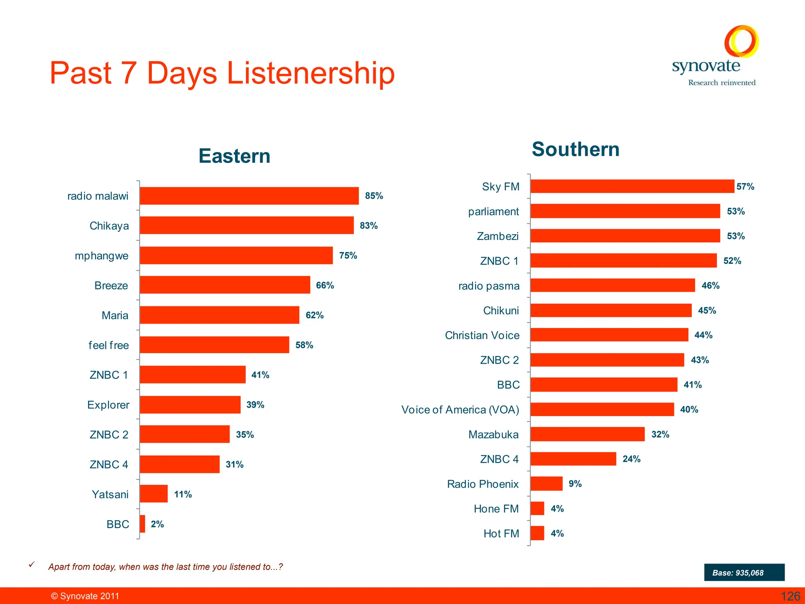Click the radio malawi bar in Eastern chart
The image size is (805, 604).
pyautogui.click(x=249, y=196)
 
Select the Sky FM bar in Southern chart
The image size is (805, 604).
pyautogui.click(x=632, y=186)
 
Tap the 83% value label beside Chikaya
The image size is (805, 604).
pyautogui.click(x=368, y=226)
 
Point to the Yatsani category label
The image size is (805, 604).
pyautogui.click(x=110, y=494)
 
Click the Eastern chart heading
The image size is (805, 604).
pyautogui.click(x=234, y=156)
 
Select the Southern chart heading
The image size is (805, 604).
pyautogui.click(x=575, y=149)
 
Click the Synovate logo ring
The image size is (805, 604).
pyautogui.click(x=741, y=41)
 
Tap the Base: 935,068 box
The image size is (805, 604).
pyautogui.click(x=744, y=573)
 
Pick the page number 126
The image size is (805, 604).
pyautogui.click(x=790, y=596)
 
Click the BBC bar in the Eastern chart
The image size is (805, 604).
pyautogui.click(x=142, y=524)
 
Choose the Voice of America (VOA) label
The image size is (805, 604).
pyautogui.click(x=460, y=410)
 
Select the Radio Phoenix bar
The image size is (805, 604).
pyautogui.click(x=546, y=484)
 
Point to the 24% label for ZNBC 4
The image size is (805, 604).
pyautogui.click(x=631, y=459)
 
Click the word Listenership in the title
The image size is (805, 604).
pyautogui.click(x=311, y=74)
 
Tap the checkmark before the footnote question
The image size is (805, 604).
pyautogui.click(x=32, y=565)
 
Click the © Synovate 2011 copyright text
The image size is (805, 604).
pyautogui.click(x=85, y=596)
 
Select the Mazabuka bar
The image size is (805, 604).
pyautogui.click(x=587, y=434)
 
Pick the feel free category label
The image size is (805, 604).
pyautogui.click(x=108, y=345)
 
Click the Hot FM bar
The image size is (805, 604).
pyautogui.click(x=537, y=533)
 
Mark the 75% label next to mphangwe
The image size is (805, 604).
pyautogui.click(x=348, y=256)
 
